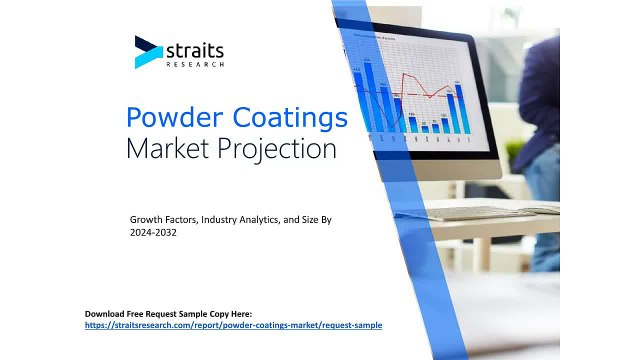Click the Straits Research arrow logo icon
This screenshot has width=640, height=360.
click(x=148, y=52)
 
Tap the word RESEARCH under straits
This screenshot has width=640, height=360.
click(x=195, y=64)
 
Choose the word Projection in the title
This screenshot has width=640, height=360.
click(x=275, y=151)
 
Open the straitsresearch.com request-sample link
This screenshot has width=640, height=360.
click(x=233, y=325)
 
